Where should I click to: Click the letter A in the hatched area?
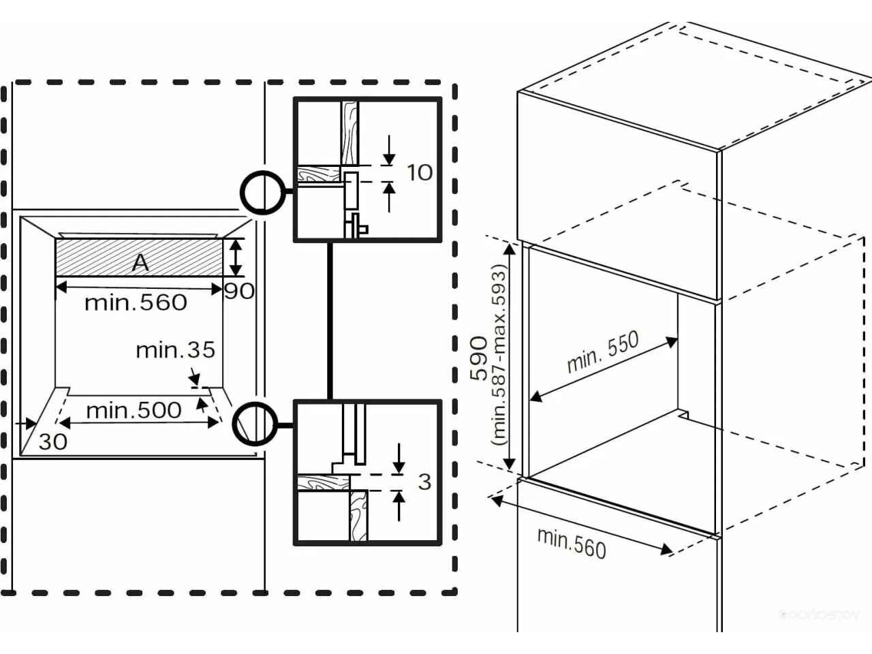click(x=140, y=262)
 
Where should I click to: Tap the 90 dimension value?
click(x=239, y=291)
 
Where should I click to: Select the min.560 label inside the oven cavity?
click(x=136, y=302)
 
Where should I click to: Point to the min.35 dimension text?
click(x=175, y=350)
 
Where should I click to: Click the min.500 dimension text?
click(x=134, y=410)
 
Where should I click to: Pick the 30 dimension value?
click(x=52, y=441)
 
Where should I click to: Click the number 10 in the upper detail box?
click(x=420, y=172)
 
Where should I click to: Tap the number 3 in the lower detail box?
click(x=424, y=482)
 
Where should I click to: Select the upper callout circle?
click(x=262, y=192)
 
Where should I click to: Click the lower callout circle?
click(x=253, y=424)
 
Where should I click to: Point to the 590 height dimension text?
click(x=480, y=357)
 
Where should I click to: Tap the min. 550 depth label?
click(x=603, y=352)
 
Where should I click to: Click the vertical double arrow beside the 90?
click(x=236, y=257)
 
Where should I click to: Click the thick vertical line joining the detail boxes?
click(x=330, y=320)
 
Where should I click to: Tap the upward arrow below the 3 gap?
click(x=399, y=505)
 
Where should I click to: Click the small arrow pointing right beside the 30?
click(x=29, y=423)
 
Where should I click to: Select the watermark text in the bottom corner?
click(x=820, y=614)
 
